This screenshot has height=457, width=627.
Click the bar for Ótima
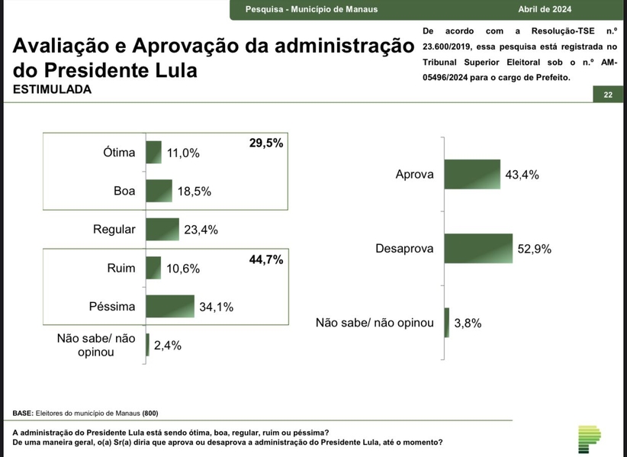click(153, 152)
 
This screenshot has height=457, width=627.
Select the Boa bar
click(159, 191)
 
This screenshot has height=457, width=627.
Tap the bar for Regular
click(162, 229)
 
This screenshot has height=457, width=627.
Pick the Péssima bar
click(170, 306)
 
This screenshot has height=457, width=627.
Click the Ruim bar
click(153, 268)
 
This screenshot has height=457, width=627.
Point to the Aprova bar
click(471, 174)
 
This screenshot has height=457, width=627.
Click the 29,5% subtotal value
click(265, 142)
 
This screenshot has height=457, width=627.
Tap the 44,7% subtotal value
click(265, 260)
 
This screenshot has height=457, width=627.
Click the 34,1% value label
click(216, 307)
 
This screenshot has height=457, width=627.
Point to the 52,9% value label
click(534, 249)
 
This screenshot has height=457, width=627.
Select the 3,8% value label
click(468, 323)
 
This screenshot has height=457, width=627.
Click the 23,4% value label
click(201, 230)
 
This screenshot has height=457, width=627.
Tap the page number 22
click(607, 95)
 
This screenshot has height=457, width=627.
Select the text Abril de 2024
click(545, 10)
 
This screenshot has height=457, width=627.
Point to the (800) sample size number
click(150, 414)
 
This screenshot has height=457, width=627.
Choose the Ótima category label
click(119, 152)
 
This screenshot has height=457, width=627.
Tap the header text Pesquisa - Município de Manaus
click(312, 10)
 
